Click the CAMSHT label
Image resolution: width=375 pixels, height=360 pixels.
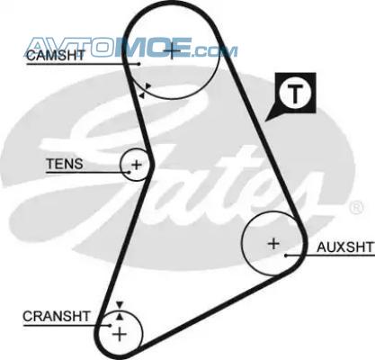click(56, 55)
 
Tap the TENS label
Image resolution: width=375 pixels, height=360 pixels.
click(65, 164)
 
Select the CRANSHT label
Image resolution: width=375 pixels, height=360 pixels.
click(57, 316)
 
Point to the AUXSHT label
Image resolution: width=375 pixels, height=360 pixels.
click(345, 247)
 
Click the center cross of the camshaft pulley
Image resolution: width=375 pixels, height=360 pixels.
click(172, 51)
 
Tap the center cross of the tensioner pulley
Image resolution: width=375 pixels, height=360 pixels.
click(137, 165)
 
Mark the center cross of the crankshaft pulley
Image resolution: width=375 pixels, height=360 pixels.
click(120, 334)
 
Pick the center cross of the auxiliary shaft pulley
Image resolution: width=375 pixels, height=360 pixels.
click(273, 243)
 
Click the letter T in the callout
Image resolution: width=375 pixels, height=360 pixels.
click(295, 94)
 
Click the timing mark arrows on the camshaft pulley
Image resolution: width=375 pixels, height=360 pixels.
click(145, 91)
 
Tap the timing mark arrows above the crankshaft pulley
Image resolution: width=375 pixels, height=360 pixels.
click(120, 310)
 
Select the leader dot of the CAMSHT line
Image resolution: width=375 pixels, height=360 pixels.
click(138, 64)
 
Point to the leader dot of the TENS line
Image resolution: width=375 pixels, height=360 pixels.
click(129, 172)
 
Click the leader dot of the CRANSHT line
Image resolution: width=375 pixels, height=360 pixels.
click(110, 325)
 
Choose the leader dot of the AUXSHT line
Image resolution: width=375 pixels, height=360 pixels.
click(286, 256)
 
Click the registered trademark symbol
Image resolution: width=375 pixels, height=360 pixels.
click(357, 207)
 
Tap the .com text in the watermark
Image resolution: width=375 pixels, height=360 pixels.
click(214, 51)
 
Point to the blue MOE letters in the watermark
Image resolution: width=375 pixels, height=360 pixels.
click(152, 47)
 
